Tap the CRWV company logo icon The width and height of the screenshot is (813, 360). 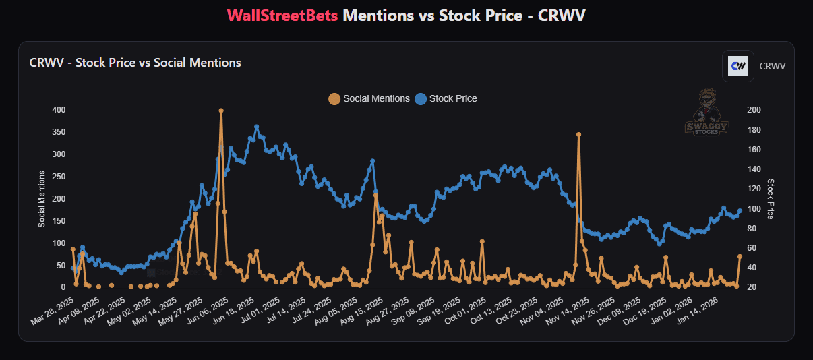coord(737,66)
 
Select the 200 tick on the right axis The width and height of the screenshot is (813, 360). coord(754,110)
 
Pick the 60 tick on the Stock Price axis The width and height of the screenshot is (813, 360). coord(752,248)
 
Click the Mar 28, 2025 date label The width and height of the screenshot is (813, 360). coord(49,311)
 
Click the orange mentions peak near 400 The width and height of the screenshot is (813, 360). coord(221,111)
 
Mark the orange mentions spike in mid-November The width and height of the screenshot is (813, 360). coord(578,135)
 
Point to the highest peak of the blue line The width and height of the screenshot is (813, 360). coord(257,127)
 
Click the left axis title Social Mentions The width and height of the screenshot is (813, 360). coord(42,199)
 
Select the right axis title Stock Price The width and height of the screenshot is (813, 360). coord(771,199)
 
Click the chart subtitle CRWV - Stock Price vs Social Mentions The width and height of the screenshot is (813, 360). coord(135,63)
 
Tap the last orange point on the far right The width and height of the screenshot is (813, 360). coord(740,256)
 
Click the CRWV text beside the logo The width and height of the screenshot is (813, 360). coord(773,66)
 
